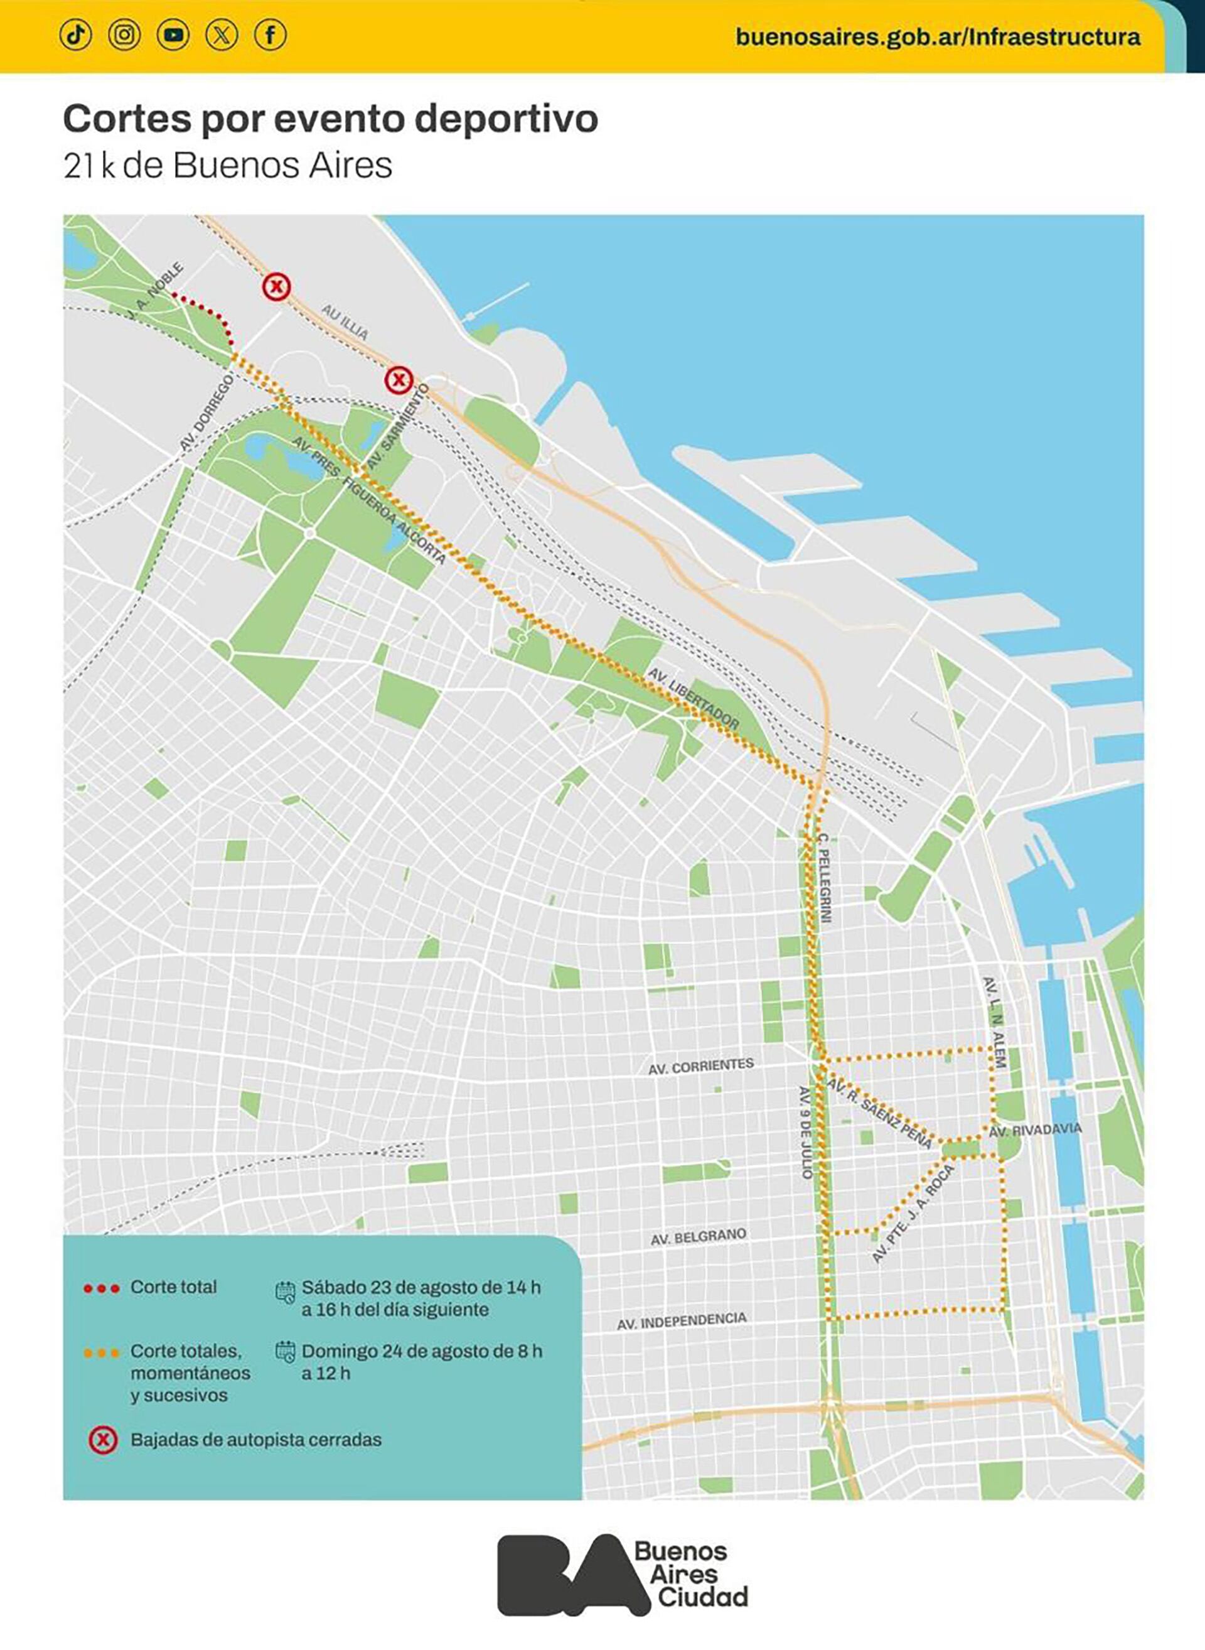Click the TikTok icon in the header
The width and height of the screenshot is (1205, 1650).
[76, 35]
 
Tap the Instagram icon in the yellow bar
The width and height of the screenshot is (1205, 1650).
[125, 35]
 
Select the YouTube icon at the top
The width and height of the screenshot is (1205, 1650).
[173, 35]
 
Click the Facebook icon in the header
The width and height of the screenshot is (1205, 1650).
[270, 35]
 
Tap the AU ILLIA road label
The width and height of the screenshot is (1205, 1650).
[345, 322]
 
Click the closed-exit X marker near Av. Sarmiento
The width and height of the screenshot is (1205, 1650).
[399, 379]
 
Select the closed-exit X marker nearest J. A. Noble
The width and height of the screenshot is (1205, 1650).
[276, 287]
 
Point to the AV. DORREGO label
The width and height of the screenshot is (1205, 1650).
[206, 413]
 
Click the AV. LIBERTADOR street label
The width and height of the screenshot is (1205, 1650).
[694, 698]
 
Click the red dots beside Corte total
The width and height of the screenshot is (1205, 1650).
[102, 1290]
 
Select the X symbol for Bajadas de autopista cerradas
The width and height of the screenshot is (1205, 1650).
[103, 1440]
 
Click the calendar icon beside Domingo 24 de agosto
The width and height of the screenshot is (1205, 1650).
[285, 1352]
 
